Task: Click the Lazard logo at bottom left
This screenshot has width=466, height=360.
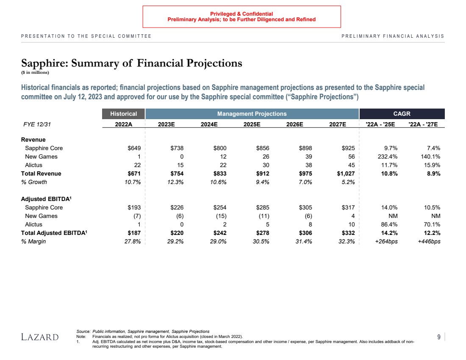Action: [40, 337]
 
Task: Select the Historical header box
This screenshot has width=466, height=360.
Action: [124, 114]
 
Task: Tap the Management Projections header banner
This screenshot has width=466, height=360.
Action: [252, 114]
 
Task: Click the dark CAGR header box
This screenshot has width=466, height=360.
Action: [402, 114]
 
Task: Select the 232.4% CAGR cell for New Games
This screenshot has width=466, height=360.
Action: [388, 156]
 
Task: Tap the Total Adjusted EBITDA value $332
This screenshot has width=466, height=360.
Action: [347, 233]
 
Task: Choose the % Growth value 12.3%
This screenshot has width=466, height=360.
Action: [175, 182]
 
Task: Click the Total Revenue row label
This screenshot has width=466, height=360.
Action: [41, 173]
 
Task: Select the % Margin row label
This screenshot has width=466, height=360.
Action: [33, 241]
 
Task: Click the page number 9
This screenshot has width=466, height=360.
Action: [439, 337]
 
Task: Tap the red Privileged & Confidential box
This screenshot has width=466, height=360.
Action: [241, 17]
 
